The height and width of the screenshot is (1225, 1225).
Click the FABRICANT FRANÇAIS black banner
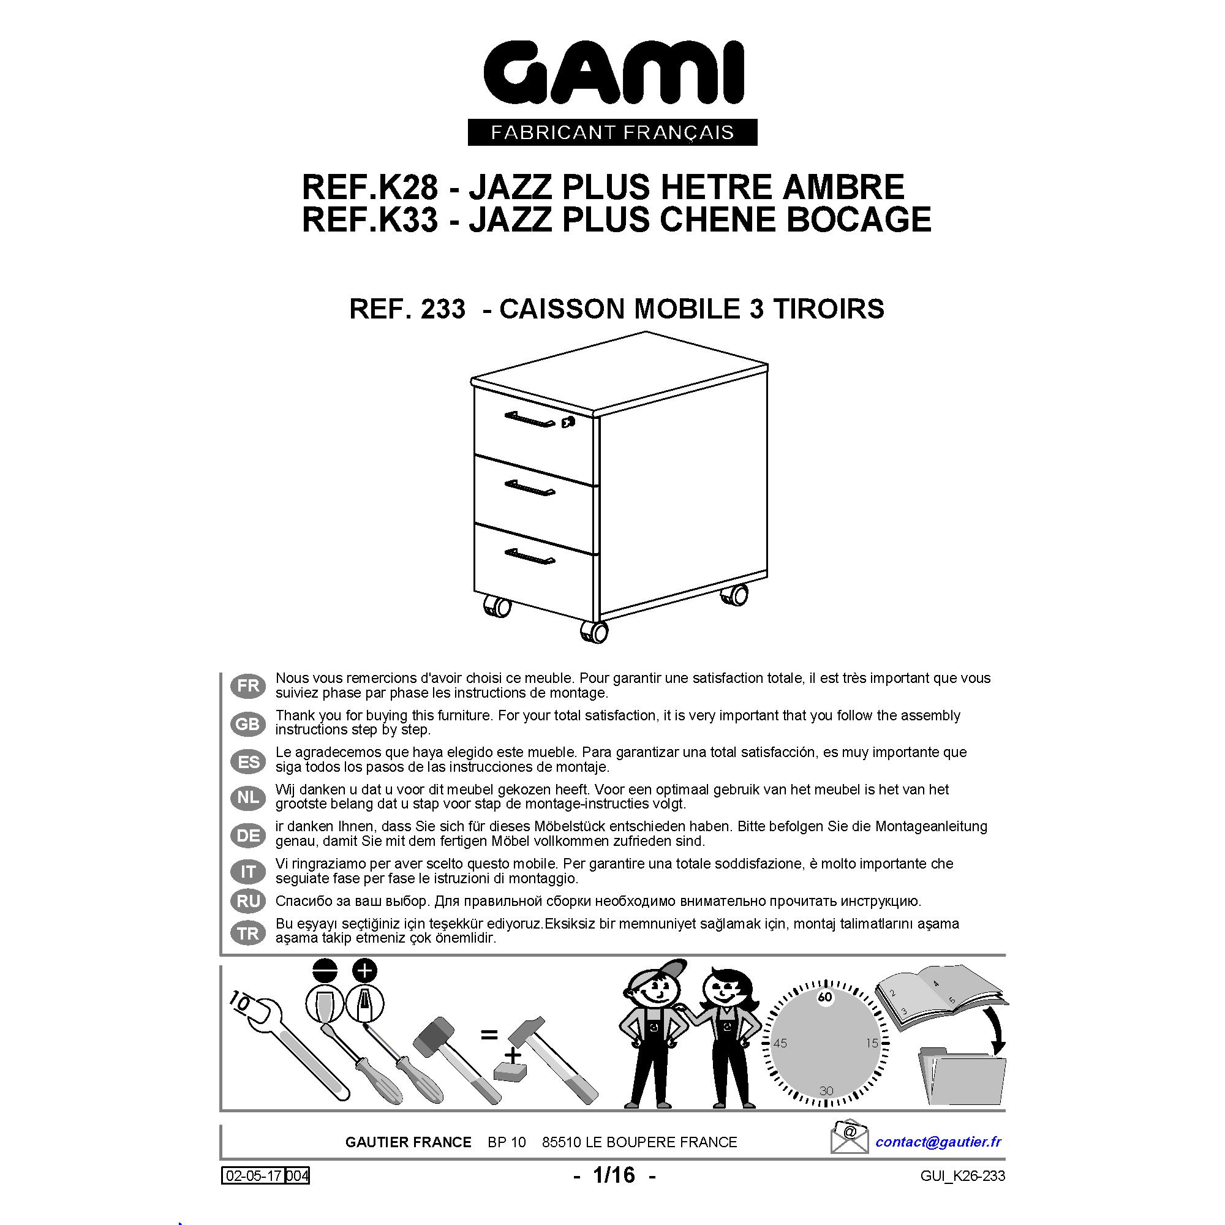point(612,132)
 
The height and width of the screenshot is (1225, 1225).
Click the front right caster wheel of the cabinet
point(594,631)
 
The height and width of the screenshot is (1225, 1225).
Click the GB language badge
point(248,723)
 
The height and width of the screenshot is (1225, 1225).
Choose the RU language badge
point(248,900)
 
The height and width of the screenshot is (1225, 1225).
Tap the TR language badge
point(248,933)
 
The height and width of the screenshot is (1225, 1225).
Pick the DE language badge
point(248,835)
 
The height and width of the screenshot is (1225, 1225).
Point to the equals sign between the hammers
point(489,1035)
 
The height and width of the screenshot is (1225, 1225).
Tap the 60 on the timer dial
point(825,997)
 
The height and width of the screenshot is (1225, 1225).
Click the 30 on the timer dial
point(826,1091)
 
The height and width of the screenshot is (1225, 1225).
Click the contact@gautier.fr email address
point(938,1141)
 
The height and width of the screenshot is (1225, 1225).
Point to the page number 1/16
point(614,1175)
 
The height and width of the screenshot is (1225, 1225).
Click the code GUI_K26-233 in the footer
point(962,1176)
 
